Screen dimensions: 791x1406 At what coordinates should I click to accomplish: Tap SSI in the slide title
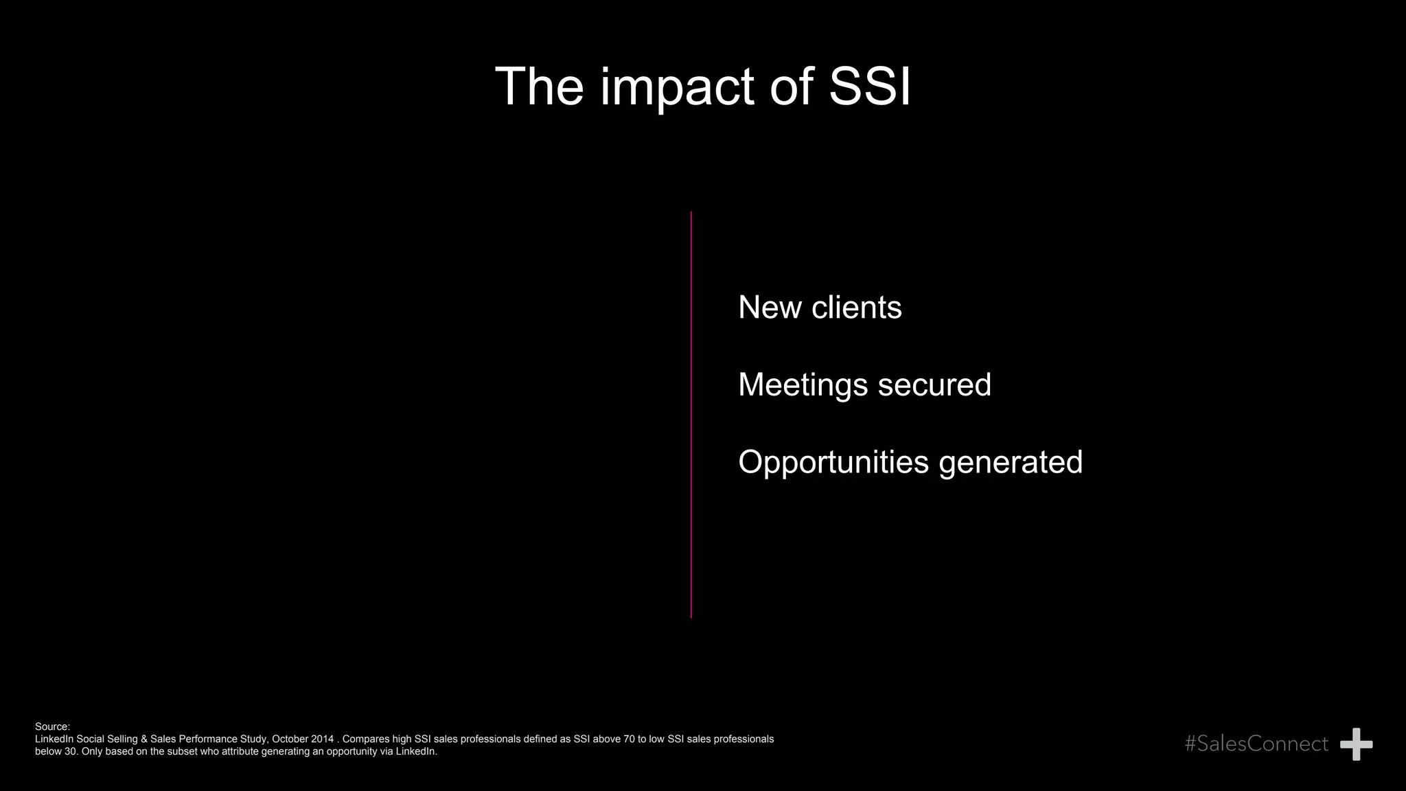pos(870,87)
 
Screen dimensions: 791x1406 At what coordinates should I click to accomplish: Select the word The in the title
pos(539,87)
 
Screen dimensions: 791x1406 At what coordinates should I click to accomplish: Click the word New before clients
pos(770,307)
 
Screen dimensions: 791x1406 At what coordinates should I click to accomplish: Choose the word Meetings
pos(803,385)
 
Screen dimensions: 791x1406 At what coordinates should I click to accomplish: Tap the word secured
pos(934,385)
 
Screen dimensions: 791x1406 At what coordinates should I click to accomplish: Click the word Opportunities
pos(833,462)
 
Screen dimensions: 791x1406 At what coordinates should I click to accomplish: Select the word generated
pos(1011,462)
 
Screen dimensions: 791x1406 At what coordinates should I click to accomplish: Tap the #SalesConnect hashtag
pos(1256,744)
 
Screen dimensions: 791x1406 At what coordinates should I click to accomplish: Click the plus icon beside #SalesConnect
pos(1356,744)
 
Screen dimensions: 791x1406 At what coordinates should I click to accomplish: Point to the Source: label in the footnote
pos(52,726)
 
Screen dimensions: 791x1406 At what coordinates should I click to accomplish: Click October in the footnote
pos(291,739)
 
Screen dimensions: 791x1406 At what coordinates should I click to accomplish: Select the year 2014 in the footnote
pos(323,739)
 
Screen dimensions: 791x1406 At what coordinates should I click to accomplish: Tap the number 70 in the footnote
pos(630,739)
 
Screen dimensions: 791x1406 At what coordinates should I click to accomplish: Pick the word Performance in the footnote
pos(209,739)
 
